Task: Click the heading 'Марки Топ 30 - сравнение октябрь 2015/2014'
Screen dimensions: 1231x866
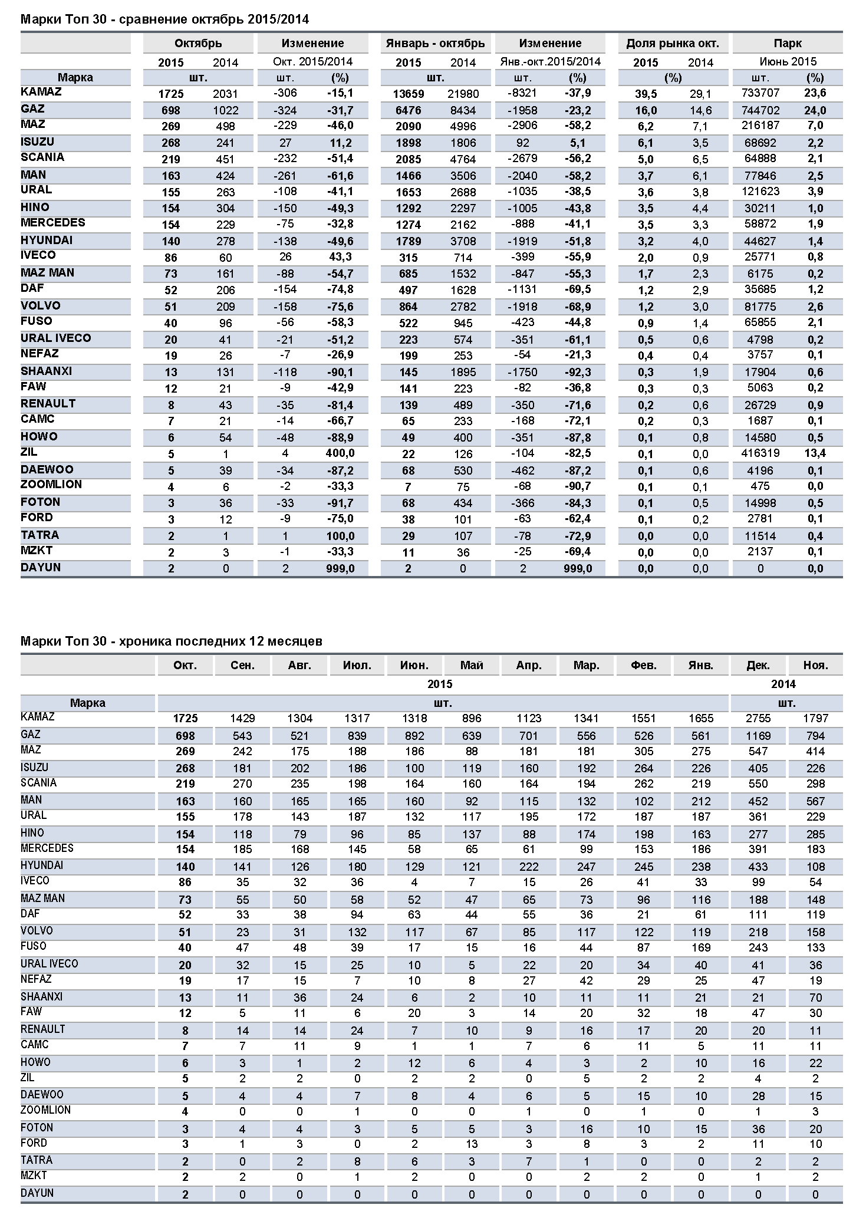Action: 164,19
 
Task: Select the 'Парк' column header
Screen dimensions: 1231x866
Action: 787,43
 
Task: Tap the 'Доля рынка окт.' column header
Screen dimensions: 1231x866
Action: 672,43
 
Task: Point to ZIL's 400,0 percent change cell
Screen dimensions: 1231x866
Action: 341,453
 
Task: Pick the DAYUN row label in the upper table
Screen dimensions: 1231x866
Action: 41,567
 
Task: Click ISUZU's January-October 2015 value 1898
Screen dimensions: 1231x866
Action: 408,143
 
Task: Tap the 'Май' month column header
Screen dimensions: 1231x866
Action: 472,665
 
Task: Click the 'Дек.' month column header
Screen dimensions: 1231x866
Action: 758,665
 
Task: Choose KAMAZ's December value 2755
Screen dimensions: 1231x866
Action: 758,718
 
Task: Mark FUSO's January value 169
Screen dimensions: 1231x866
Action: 700,947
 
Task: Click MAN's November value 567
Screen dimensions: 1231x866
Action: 815,801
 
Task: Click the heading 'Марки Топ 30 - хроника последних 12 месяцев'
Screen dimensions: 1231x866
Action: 172,641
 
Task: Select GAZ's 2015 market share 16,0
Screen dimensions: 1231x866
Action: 646,110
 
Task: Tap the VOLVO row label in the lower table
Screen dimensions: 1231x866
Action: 37,931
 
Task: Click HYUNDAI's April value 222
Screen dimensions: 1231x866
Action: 529,867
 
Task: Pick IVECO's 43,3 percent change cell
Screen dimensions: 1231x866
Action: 341,257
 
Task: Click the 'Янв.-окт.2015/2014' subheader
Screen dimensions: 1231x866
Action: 550,61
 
